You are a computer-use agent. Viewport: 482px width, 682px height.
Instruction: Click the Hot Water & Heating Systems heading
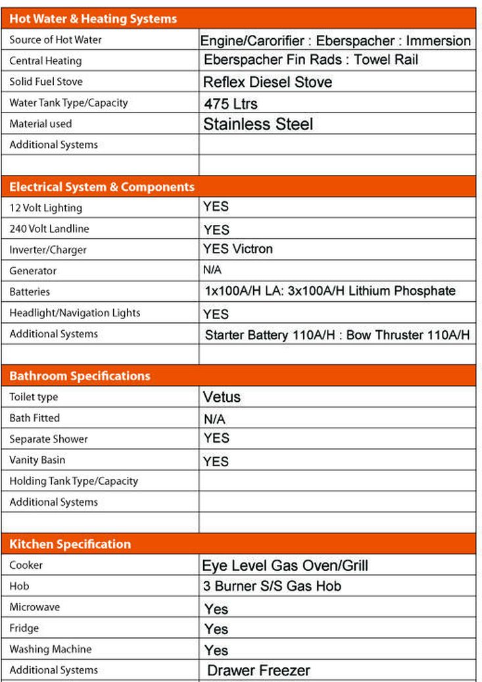tap(93, 19)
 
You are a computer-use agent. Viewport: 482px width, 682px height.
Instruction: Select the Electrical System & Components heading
tap(102, 187)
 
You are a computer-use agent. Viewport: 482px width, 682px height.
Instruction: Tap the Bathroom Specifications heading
tap(80, 376)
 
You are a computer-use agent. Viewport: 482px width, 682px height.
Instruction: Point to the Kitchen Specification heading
tap(70, 545)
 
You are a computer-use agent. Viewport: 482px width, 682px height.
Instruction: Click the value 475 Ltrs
tap(231, 104)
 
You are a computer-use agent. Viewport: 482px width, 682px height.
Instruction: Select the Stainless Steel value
tap(258, 124)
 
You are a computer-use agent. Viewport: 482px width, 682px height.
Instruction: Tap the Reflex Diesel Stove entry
tap(267, 82)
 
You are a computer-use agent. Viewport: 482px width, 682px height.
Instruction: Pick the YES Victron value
tap(237, 249)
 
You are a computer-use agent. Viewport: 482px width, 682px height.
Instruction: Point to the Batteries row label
tap(30, 291)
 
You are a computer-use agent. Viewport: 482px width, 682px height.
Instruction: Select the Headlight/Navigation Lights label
tap(75, 312)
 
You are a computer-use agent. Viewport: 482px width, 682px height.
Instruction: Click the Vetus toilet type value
tap(222, 397)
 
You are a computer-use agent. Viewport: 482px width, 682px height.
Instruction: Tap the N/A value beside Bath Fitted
tap(215, 419)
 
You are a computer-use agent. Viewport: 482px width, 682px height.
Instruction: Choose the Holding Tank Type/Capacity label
tap(74, 481)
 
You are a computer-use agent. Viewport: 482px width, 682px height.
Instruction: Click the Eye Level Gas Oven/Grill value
tap(285, 566)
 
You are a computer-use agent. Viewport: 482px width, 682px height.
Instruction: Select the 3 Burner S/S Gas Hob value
tap(272, 586)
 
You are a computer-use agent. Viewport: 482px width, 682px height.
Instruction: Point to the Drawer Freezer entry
tap(258, 671)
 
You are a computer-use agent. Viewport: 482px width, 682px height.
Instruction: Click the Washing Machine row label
tap(51, 649)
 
